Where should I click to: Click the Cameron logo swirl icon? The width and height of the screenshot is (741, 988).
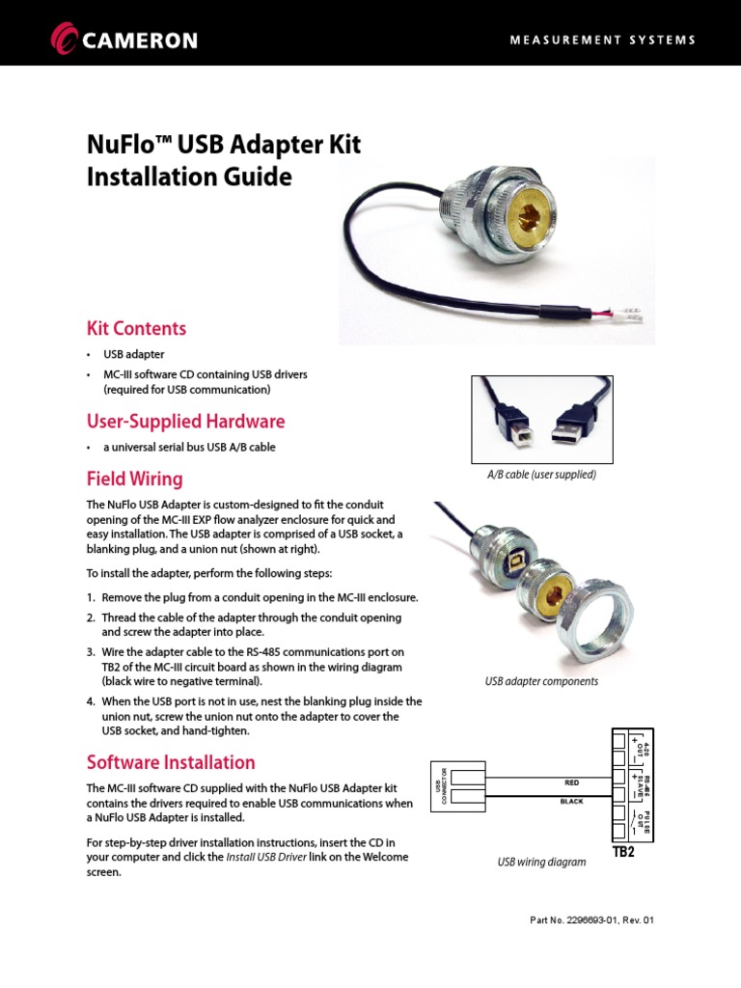pyautogui.click(x=65, y=40)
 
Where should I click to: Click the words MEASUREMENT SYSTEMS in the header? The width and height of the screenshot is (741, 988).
pyautogui.click(x=602, y=40)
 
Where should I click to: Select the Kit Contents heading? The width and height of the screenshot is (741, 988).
pyautogui.click(x=136, y=328)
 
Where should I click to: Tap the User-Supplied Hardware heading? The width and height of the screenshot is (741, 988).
pyautogui.click(x=185, y=422)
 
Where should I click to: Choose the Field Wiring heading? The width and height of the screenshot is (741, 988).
pyautogui.click(x=134, y=479)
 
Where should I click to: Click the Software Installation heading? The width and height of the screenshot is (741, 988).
pyautogui.click(x=171, y=762)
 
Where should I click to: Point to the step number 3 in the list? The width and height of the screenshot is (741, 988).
pyautogui.click(x=91, y=652)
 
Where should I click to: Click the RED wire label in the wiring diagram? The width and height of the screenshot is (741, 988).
pyautogui.click(x=572, y=782)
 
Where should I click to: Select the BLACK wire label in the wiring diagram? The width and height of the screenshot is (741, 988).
pyautogui.click(x=572, y=802)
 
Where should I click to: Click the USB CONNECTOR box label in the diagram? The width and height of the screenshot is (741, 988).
pyautogui.click(x=443, y=787)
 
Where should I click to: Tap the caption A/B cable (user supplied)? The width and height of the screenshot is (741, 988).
pyautogui.click(x=541, y=475)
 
